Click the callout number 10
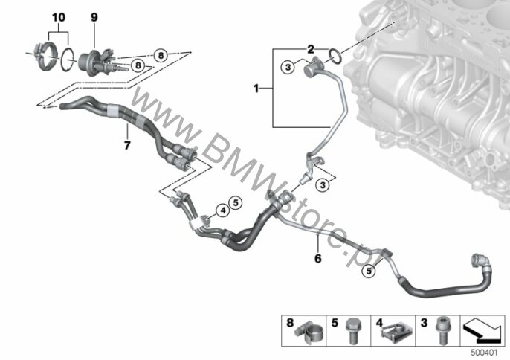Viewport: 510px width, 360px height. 59,17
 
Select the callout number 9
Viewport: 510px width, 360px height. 94,17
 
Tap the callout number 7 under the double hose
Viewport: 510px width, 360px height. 127,145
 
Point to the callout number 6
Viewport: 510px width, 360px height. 317,258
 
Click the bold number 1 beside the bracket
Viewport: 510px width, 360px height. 256,89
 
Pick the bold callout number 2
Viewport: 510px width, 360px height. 311,50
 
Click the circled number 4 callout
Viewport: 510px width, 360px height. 223,210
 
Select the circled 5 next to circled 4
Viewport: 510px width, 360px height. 236,203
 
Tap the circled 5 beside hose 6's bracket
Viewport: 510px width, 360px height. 369,271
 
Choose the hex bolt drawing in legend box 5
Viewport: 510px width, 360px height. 352,331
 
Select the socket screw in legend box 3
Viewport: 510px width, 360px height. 442,331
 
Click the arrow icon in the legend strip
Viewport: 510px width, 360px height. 482,331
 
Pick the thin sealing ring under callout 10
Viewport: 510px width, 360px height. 68,60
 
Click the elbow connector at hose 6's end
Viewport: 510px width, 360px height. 480,262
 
